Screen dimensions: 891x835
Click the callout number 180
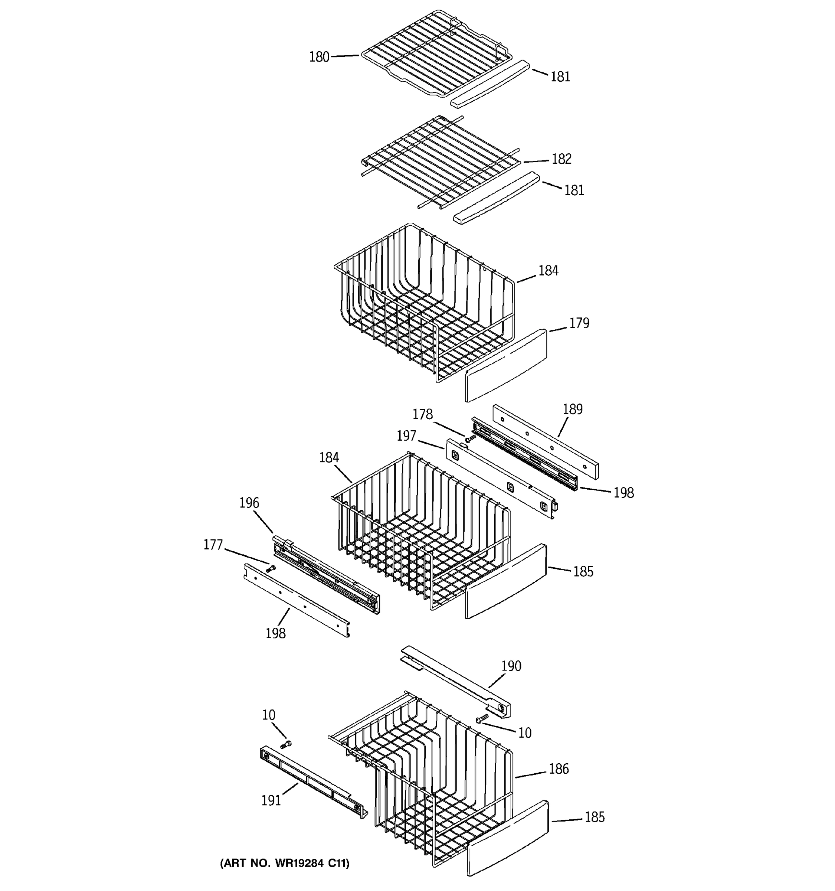click(x=319, y=57)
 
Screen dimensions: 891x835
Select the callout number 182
click(x=561, y=159)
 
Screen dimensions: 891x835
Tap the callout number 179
click(x=579, y=323)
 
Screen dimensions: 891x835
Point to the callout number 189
click(x=573, y=409)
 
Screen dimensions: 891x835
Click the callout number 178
click(x=422, y=414)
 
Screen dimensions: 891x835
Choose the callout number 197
click(x=406, y=435)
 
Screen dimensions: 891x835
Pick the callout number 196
click(x=249, y=503)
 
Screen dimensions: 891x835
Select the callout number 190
click(x=511, y=666)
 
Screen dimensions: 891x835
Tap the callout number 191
click(x=271, y=800)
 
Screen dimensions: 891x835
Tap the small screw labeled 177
click(x=270, y=569)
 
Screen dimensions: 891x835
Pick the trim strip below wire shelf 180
click(x=491, y=84)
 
